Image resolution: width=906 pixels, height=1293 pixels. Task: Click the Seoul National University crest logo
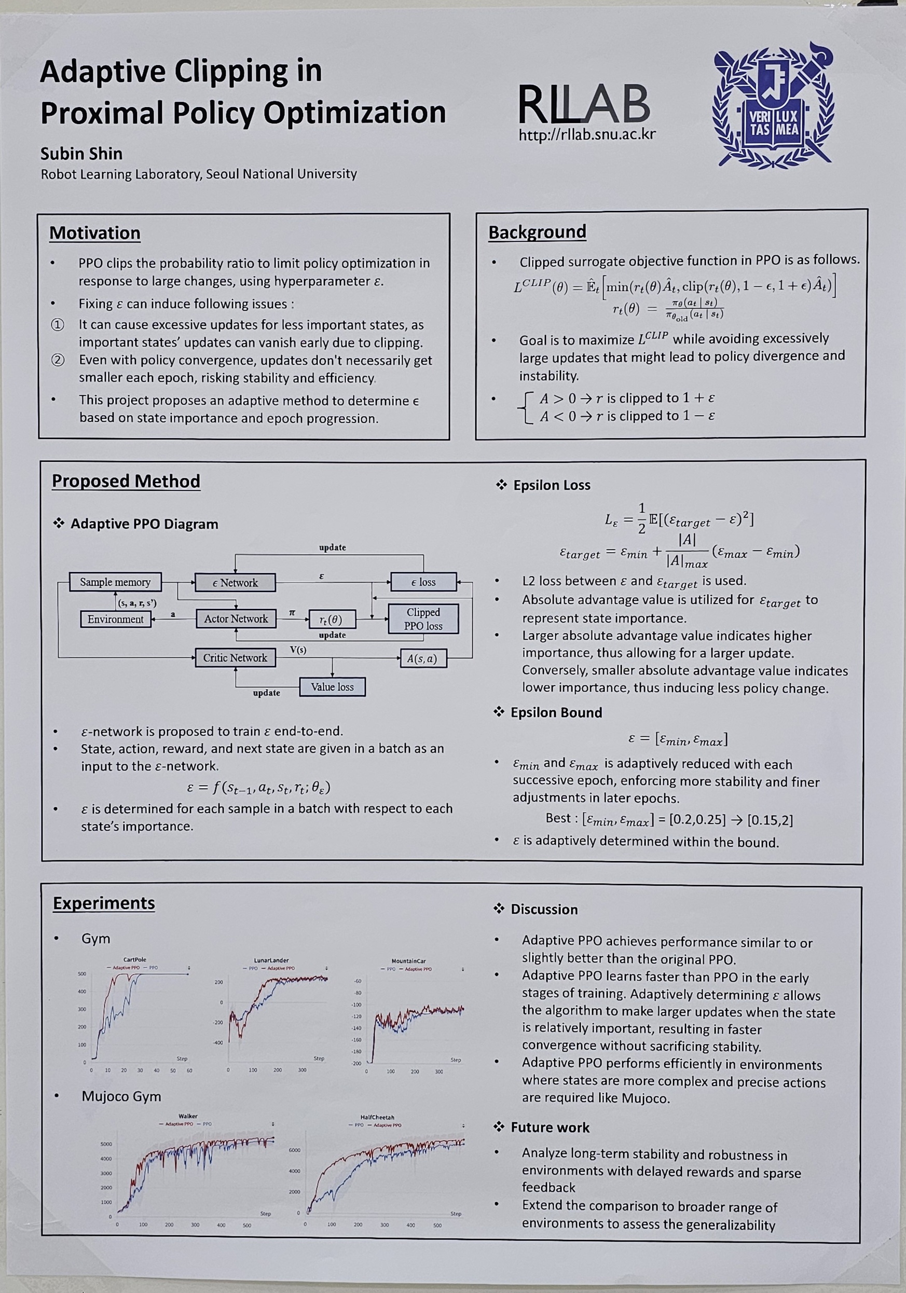click(x=772, y=105)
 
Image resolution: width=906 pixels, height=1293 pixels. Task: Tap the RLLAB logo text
click(x=583, y=104)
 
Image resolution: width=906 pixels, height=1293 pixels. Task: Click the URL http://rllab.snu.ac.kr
click(x=587, y=134)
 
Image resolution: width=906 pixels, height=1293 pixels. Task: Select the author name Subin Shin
click(x=81, y=154)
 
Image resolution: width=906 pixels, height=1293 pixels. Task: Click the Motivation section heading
click(x=94, y=233)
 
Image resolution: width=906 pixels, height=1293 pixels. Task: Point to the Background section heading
click(x=537, y=232)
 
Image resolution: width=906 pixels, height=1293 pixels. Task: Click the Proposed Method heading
click(x=126, y=481)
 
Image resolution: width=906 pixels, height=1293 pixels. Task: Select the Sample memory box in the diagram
click(x=115, y=582)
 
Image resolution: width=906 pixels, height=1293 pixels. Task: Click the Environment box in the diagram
click(x=115, y=619)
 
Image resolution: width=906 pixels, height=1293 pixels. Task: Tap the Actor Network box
click(x=236, y=619)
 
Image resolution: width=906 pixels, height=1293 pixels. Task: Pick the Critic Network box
click(x=236, y=658)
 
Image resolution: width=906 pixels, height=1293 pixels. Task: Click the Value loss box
click(x=332, y=687)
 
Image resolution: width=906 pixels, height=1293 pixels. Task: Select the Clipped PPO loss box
click(x=423, y=619)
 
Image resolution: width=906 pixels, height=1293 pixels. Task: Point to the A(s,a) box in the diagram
click(x=422, y=658)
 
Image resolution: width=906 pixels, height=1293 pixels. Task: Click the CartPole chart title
click(x=134, y=959)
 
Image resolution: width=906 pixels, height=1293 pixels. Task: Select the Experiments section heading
click(x=104, y=903)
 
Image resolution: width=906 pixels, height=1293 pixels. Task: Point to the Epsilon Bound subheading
click(x=556, y=712)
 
